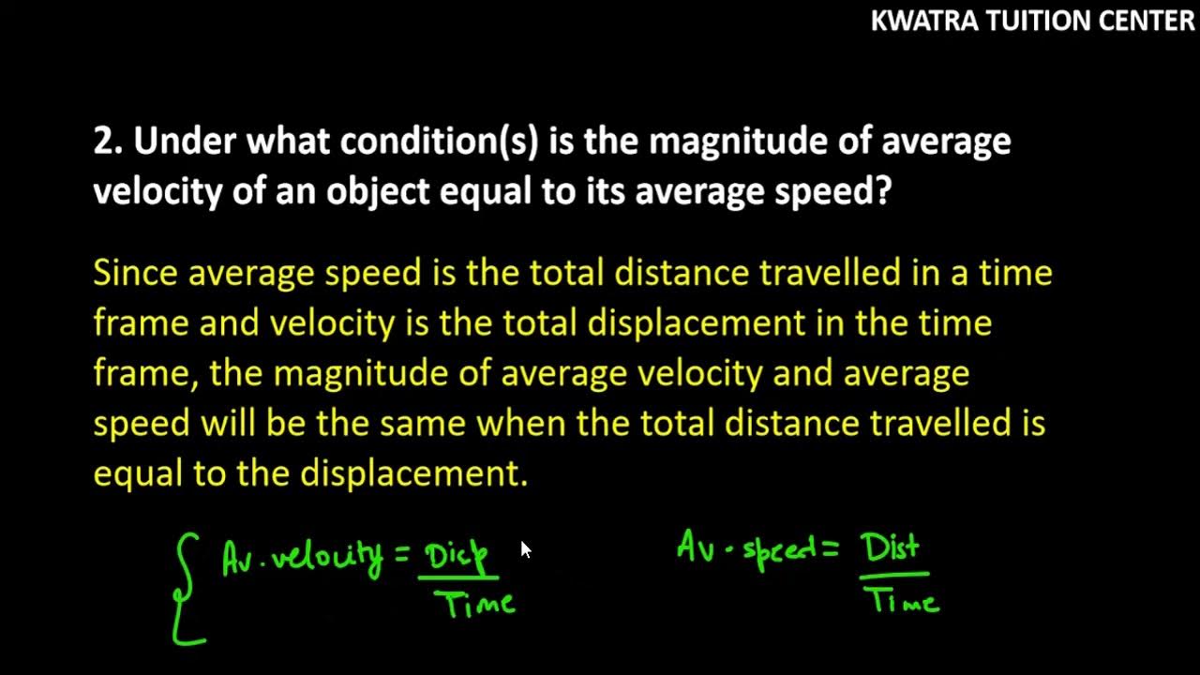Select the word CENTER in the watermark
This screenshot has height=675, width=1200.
click(x=1144, y=21)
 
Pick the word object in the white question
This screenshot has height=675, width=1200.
click(x=375, y=191)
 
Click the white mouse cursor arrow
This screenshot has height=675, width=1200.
click(x=525, y=549)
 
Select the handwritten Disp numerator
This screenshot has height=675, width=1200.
click(x=457, y=557)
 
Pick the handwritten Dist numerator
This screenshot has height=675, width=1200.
click(x=892, y=548)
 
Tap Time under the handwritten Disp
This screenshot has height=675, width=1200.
click(x=480, y=603)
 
